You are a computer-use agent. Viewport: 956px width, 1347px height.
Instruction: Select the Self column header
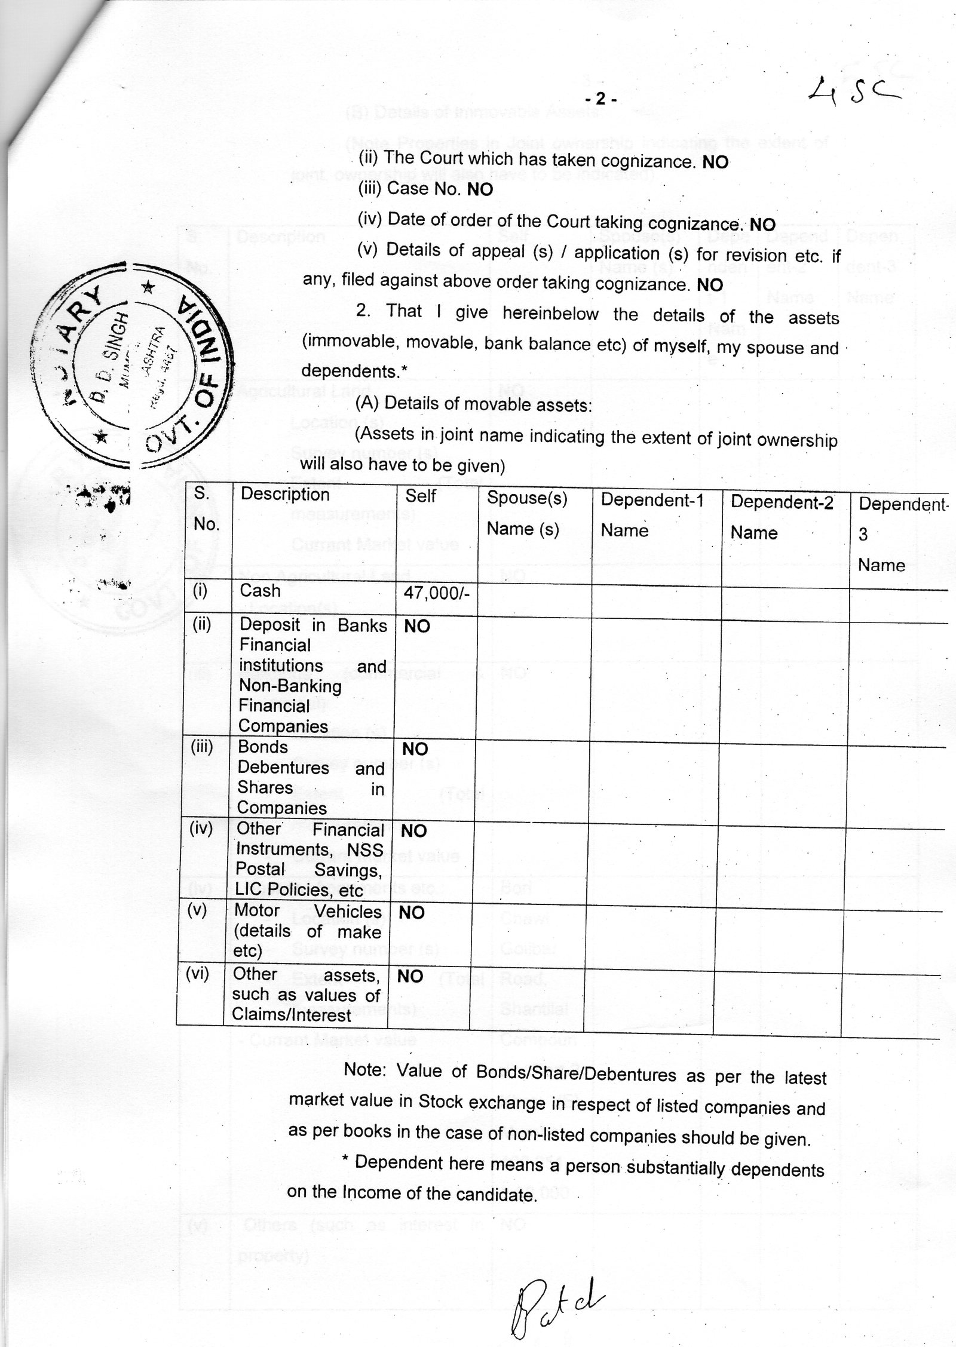421,496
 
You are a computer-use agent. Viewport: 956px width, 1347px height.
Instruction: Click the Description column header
285,495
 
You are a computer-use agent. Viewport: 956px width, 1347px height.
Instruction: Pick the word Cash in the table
260,591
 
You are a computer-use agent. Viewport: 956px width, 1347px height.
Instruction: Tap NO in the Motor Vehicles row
412,913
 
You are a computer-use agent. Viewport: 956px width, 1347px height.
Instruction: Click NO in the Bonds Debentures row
415,750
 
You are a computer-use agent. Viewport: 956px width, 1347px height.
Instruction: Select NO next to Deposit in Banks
417,627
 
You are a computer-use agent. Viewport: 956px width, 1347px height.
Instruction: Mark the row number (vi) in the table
197,974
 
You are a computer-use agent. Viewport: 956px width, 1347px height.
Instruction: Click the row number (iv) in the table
201,829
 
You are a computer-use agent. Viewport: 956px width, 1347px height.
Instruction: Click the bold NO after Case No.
480,190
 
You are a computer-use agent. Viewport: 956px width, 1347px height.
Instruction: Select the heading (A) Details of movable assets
473,404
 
